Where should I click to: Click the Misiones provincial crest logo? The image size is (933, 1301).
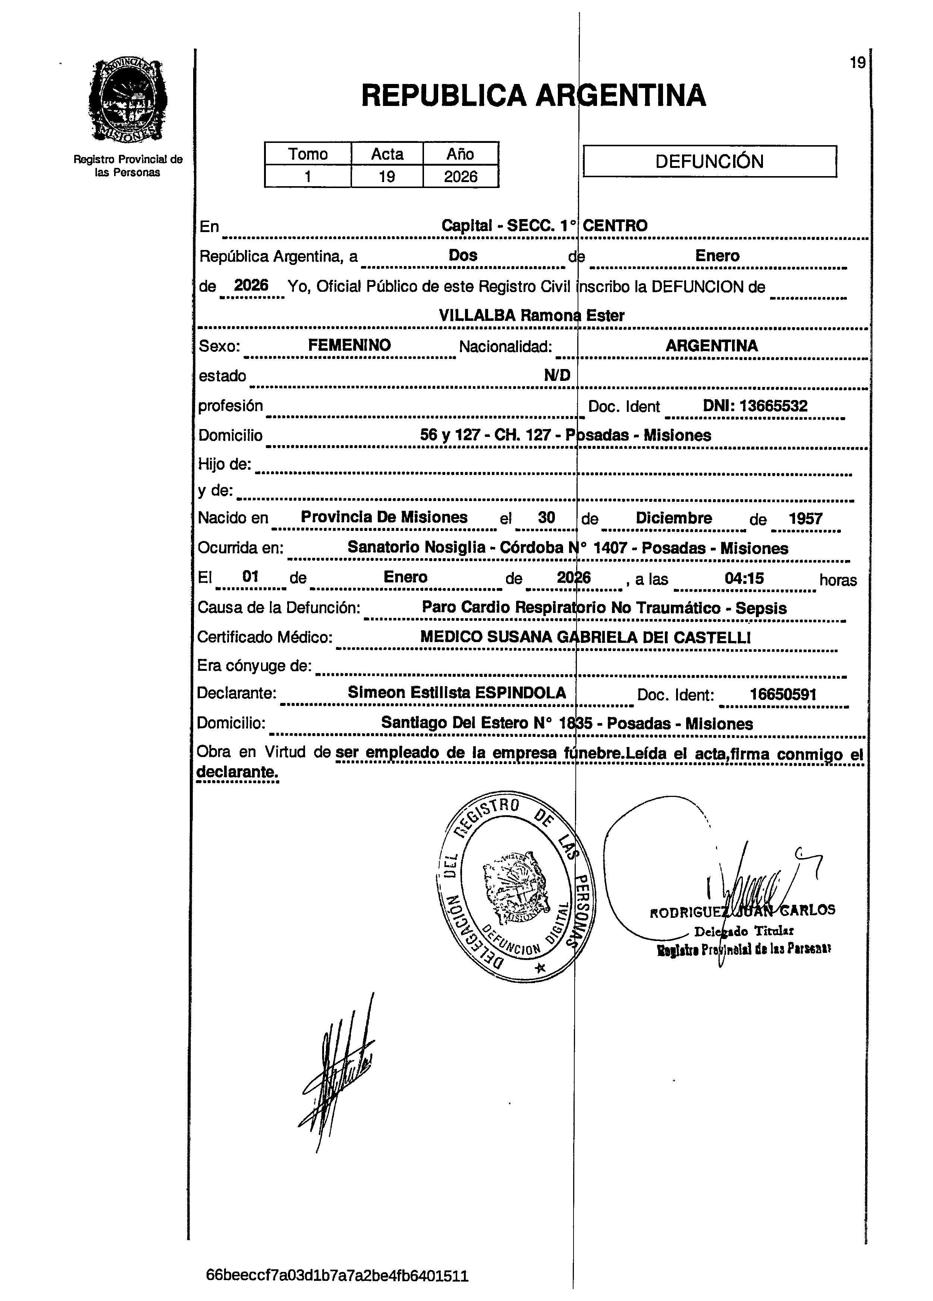point(127,101)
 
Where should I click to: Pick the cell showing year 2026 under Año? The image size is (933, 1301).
point(461,176)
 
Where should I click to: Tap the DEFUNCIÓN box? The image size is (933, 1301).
point(709,161)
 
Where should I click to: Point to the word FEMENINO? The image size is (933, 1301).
point(349,345)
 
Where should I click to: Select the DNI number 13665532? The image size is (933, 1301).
point(755,406)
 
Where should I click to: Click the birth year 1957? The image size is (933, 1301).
point(805,519)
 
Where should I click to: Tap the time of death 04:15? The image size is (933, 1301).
point(744,578)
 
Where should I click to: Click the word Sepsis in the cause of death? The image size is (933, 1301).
point(761,608)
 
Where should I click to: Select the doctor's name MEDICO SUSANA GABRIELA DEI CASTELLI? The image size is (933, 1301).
point(585,637)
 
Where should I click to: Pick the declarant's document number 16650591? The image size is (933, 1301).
point(783,695)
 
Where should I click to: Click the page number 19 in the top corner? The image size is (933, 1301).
point(857,63)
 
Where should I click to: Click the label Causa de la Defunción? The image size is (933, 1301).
point(279,607)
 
